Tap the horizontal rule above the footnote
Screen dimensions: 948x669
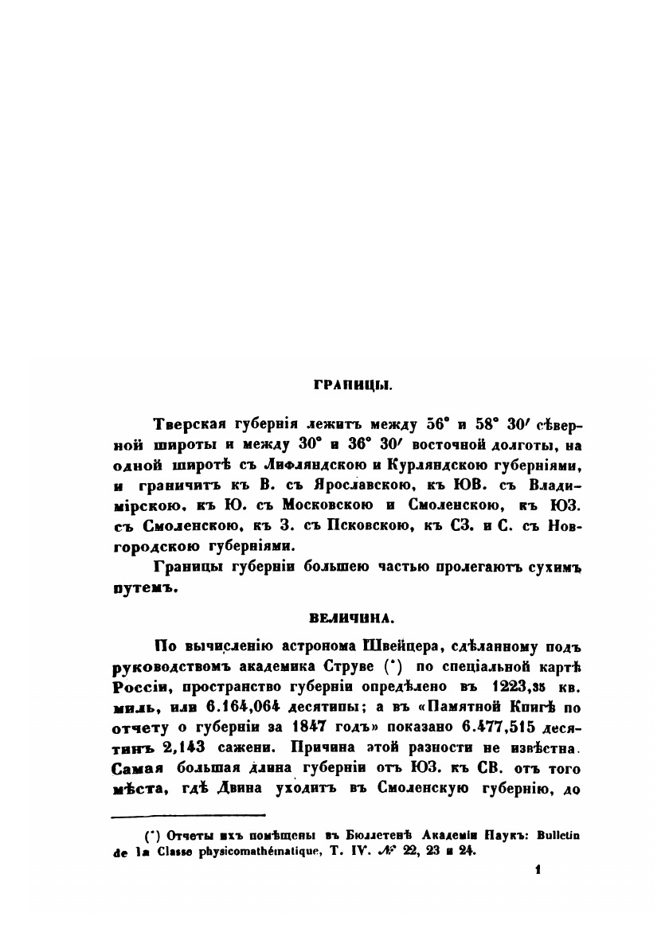click(187, 814)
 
